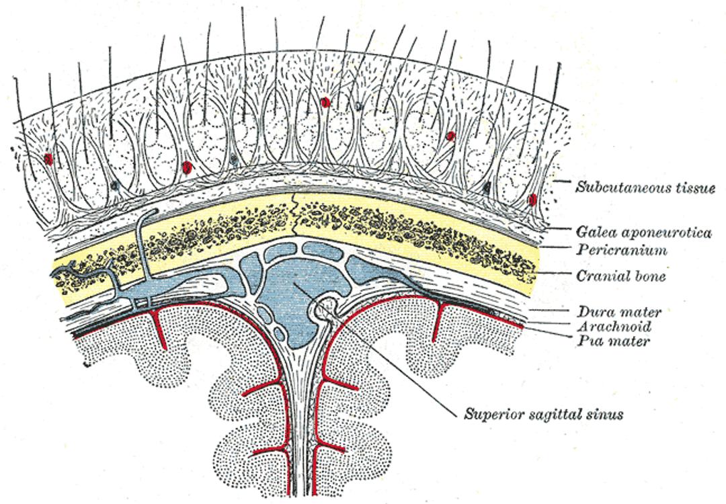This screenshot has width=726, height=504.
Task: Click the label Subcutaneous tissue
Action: [645, 187]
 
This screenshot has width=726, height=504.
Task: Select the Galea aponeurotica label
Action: [643, 231]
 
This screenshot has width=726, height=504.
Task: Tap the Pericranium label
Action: [622, 250]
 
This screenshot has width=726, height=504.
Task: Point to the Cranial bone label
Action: [621, 276]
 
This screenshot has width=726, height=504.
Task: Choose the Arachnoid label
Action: [614, 327]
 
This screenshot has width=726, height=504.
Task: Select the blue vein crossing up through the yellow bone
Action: [144, 245]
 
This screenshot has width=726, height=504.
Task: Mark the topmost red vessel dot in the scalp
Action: [325, 102]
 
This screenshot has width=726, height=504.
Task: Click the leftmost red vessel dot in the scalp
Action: [48, 159]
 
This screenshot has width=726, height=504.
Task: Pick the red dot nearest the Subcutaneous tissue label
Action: [532, 200]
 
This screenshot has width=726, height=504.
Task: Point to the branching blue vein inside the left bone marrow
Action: [85, 273]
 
